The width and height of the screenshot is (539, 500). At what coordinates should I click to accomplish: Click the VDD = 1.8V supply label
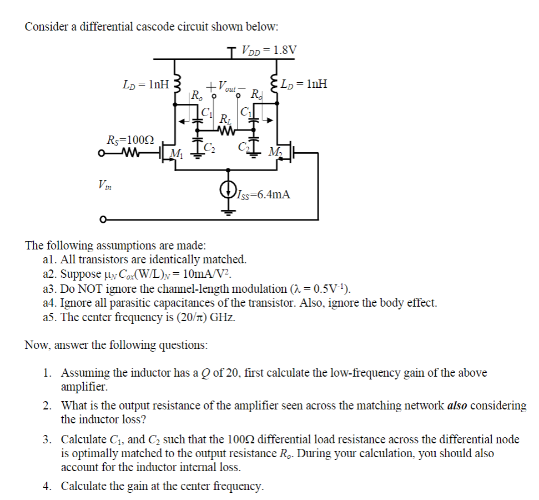click(269, 50)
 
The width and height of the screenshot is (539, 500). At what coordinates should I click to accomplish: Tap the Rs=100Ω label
click(130, 139)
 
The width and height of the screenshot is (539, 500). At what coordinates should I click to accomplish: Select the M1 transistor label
click(177, 153)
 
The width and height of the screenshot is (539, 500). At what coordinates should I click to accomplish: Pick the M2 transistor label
click(274, 153)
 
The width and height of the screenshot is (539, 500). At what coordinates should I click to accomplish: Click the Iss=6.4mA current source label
click(263, 194)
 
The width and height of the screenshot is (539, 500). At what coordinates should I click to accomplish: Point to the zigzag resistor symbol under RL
click(226, 131)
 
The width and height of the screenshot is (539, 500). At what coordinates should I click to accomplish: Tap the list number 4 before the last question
click(48, 487)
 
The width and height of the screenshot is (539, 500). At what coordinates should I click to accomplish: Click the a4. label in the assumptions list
click(49, 303)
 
